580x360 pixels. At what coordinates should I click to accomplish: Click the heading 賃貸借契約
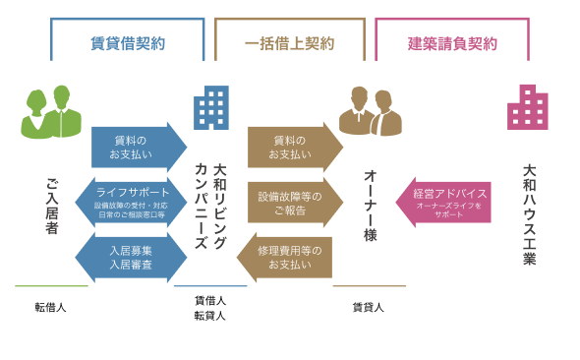[x=128, y=43]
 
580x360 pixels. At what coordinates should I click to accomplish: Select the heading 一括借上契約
[x=289, y=43]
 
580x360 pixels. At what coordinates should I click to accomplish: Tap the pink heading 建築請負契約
[x=452, y=43]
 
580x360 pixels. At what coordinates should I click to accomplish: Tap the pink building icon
[x=528, y=106]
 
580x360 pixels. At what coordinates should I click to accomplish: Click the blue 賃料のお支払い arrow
[x=137, y=147]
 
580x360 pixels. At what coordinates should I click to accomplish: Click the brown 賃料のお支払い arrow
[x=293, y=147]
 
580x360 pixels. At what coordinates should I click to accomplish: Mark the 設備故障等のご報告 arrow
[x=293, y=203]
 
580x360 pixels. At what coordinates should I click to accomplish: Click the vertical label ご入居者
[x=53, y=207]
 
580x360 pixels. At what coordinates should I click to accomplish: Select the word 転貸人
[x=209, y=316]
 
